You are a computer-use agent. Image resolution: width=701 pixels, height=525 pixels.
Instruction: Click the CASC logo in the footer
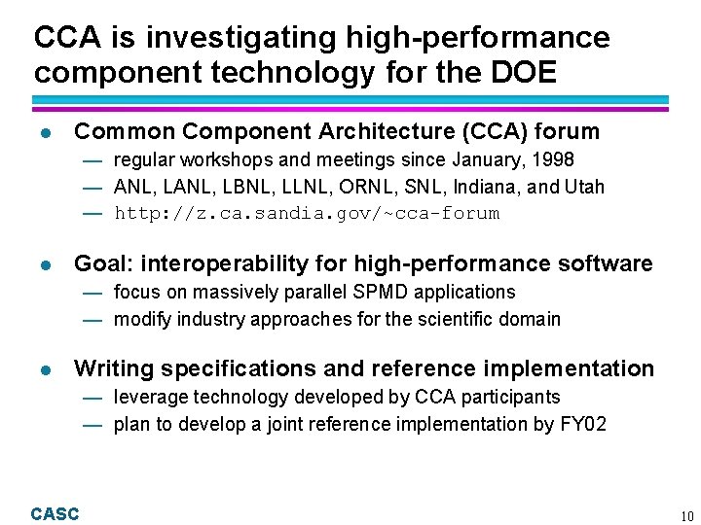coord(55,514)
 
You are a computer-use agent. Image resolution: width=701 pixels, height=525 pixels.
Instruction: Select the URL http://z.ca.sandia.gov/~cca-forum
coord(307,213)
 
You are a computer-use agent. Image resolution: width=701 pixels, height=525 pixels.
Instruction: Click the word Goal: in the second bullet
coord(102,263)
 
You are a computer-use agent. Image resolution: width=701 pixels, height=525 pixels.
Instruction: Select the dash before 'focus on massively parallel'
coord(92,293)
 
